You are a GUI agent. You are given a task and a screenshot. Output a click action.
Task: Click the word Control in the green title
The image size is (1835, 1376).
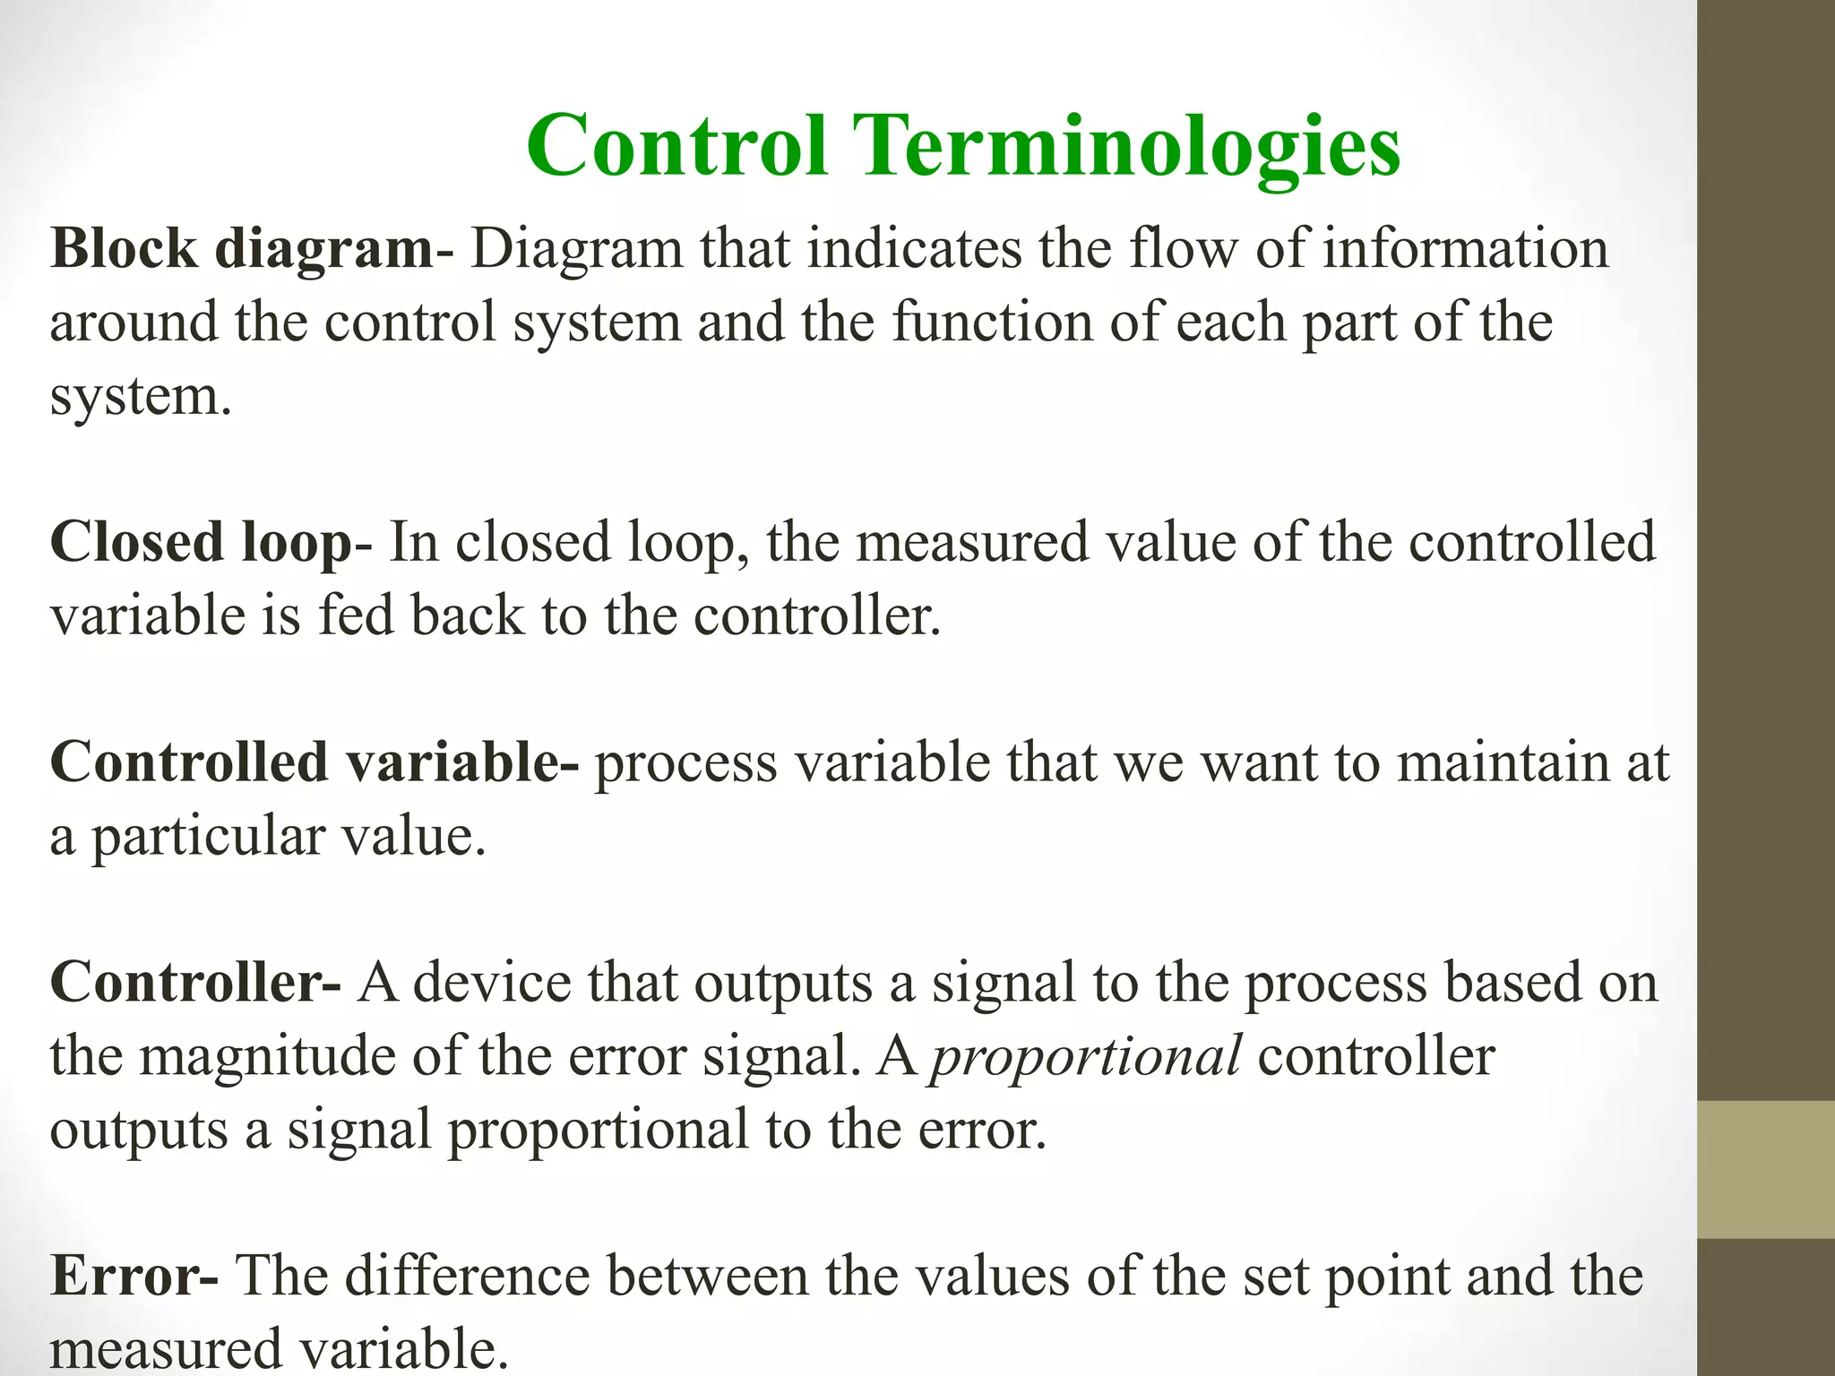tap(676, 145)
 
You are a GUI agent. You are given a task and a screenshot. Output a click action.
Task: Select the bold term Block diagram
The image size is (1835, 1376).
tap(242, 248)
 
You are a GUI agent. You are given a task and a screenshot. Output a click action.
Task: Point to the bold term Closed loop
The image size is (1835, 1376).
tap(202, 542)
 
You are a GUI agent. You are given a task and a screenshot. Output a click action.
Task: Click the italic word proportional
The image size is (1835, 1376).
tap(1086, 1057)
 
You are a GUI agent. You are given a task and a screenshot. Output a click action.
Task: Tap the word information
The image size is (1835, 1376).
tap(1466, 248)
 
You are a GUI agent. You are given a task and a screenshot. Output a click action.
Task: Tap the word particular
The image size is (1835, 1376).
tap(208, 838)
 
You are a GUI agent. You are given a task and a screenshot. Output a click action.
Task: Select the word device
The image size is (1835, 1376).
tap(491, 982)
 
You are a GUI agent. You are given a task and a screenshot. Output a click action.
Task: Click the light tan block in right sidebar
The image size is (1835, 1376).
tap(1765, 1168)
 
